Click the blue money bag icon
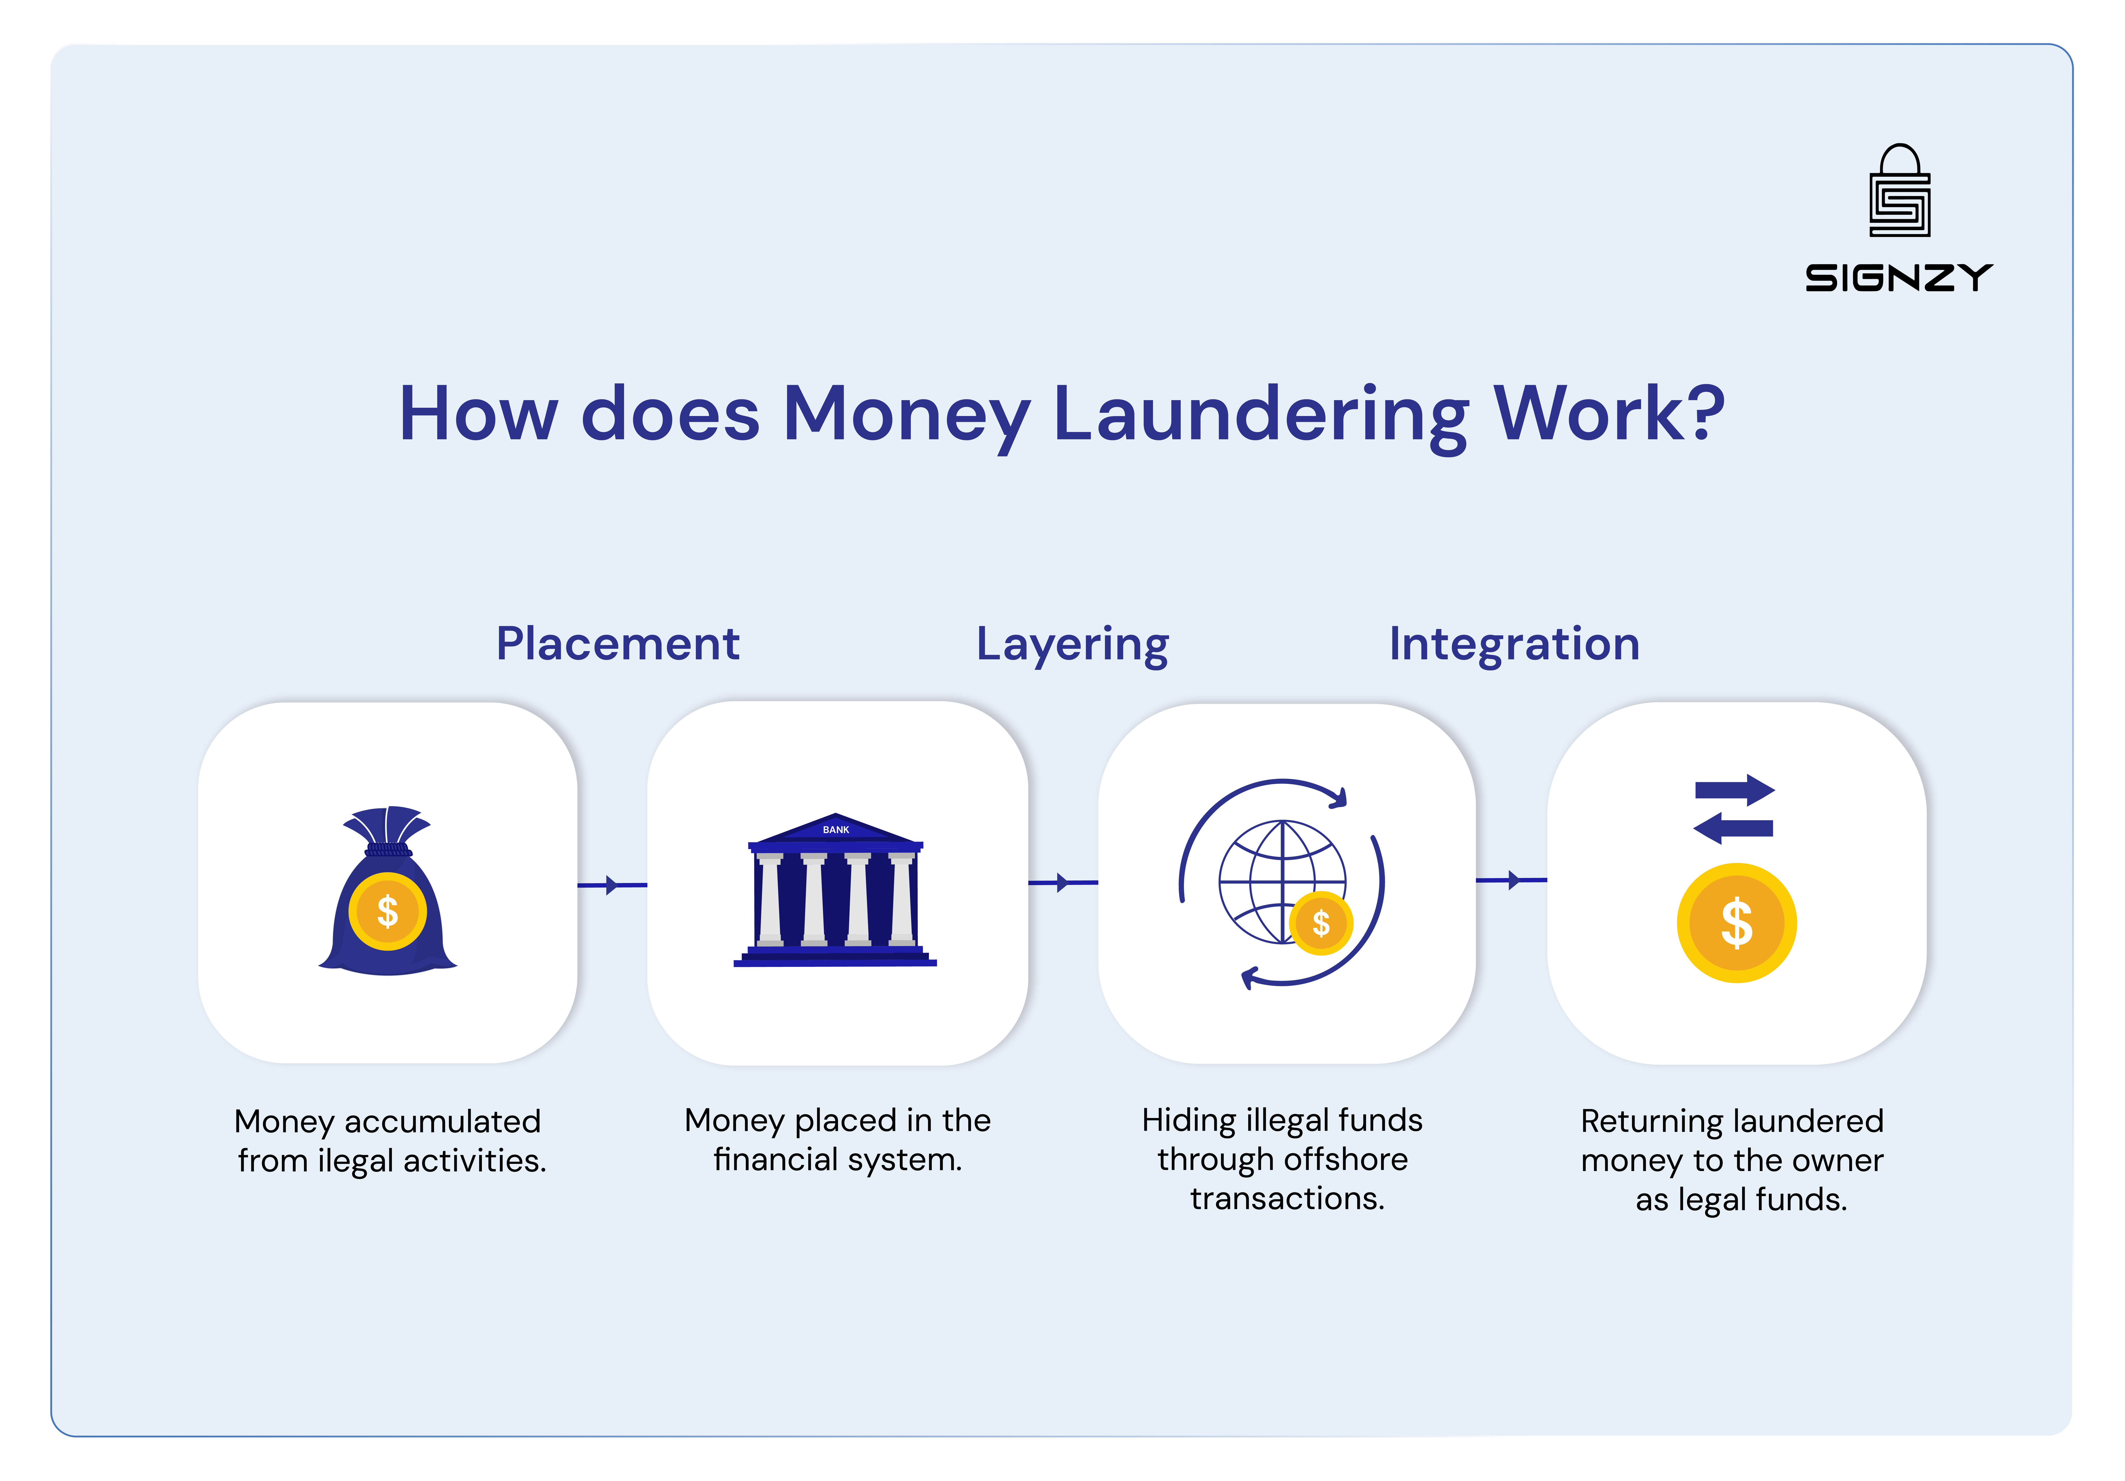click(388, 893)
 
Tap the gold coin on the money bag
click(388, 912)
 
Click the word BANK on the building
click(836, 829)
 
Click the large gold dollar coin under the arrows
click(1736, 923)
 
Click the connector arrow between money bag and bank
click(611, 885)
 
